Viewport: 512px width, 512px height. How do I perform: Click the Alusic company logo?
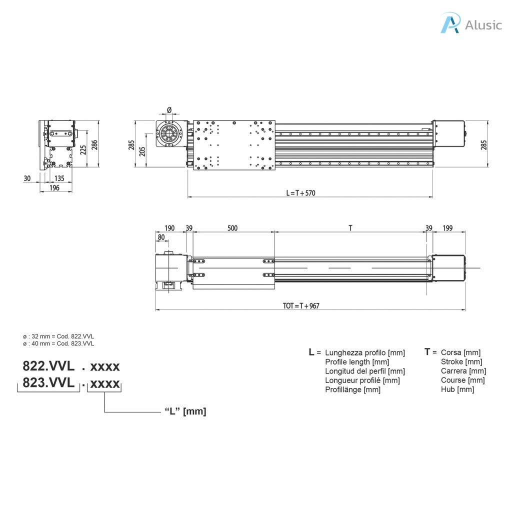click(x=470, y=23)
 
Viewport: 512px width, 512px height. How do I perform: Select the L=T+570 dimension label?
click(x=300, y=193)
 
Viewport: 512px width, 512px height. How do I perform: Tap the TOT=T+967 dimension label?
click(x=301, y=306)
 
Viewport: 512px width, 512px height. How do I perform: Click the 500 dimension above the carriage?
click(x=232, y=228)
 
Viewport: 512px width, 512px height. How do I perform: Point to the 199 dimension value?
click(x=447, y=228)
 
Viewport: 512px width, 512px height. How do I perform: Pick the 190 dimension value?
click(x=169, y=228)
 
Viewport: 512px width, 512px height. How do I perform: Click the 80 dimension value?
click(x=161, y=237)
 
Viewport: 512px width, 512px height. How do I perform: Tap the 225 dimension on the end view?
click(x=83, y=148)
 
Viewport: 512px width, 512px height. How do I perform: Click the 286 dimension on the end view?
click(x=94, y=145)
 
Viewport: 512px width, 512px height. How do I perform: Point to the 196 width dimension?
click(x=55, y=187)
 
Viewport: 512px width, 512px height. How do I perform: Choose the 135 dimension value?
click(x=59, y=178)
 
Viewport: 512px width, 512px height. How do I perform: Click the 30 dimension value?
click(x=27, y=178)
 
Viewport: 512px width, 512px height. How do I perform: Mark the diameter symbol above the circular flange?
click(x=169, y=110)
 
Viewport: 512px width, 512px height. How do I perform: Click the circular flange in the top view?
click(x=169, y=134)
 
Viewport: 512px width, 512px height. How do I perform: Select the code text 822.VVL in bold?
click(x=48, y=366)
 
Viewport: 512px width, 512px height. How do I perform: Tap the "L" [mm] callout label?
click(x=185, y=411)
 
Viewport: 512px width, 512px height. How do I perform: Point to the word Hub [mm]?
click(x=457, y=389)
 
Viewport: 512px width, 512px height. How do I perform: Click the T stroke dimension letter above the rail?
click(x=350, y=228)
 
